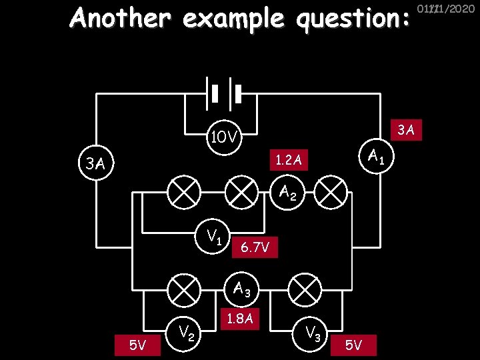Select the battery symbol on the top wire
point(225,93)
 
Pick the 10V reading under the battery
point(223,138)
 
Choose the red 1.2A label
point(289,160)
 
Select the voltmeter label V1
point(214,235)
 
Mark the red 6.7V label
point(255,248)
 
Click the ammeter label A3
point(241,289)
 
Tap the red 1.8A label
point(239,319)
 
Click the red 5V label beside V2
point(137,345)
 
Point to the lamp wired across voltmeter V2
point(183,290)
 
